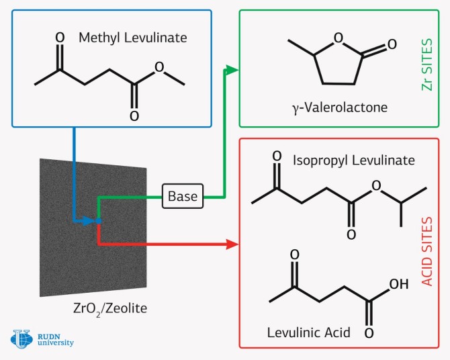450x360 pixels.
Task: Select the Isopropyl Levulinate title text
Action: coord(353,161)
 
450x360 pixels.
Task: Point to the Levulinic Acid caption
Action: coord(308,332)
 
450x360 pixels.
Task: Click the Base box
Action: coord(183,196)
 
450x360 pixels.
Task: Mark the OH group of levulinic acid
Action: coord(398,284)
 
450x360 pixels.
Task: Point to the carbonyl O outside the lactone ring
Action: coord(391,48)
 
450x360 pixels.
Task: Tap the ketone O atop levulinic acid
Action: coord(294,255)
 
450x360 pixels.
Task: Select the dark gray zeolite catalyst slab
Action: coord(94,228)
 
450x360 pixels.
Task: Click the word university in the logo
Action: coord(56,343)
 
